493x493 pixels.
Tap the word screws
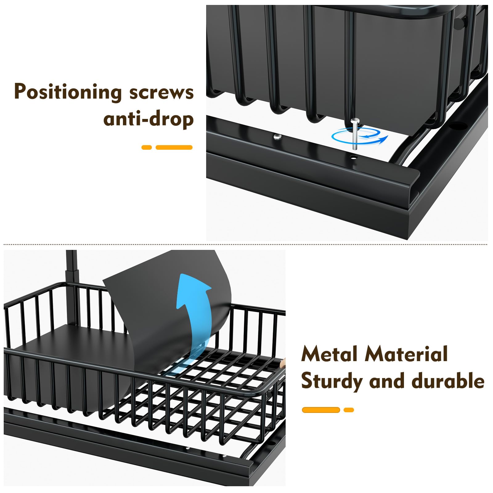[161, 92]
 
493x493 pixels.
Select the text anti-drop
[149, 119]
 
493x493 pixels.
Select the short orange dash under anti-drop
[147, 148]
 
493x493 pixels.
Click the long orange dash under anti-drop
[174, 148]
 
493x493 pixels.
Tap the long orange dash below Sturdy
[321, 410]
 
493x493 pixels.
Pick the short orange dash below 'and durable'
[349, 410]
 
